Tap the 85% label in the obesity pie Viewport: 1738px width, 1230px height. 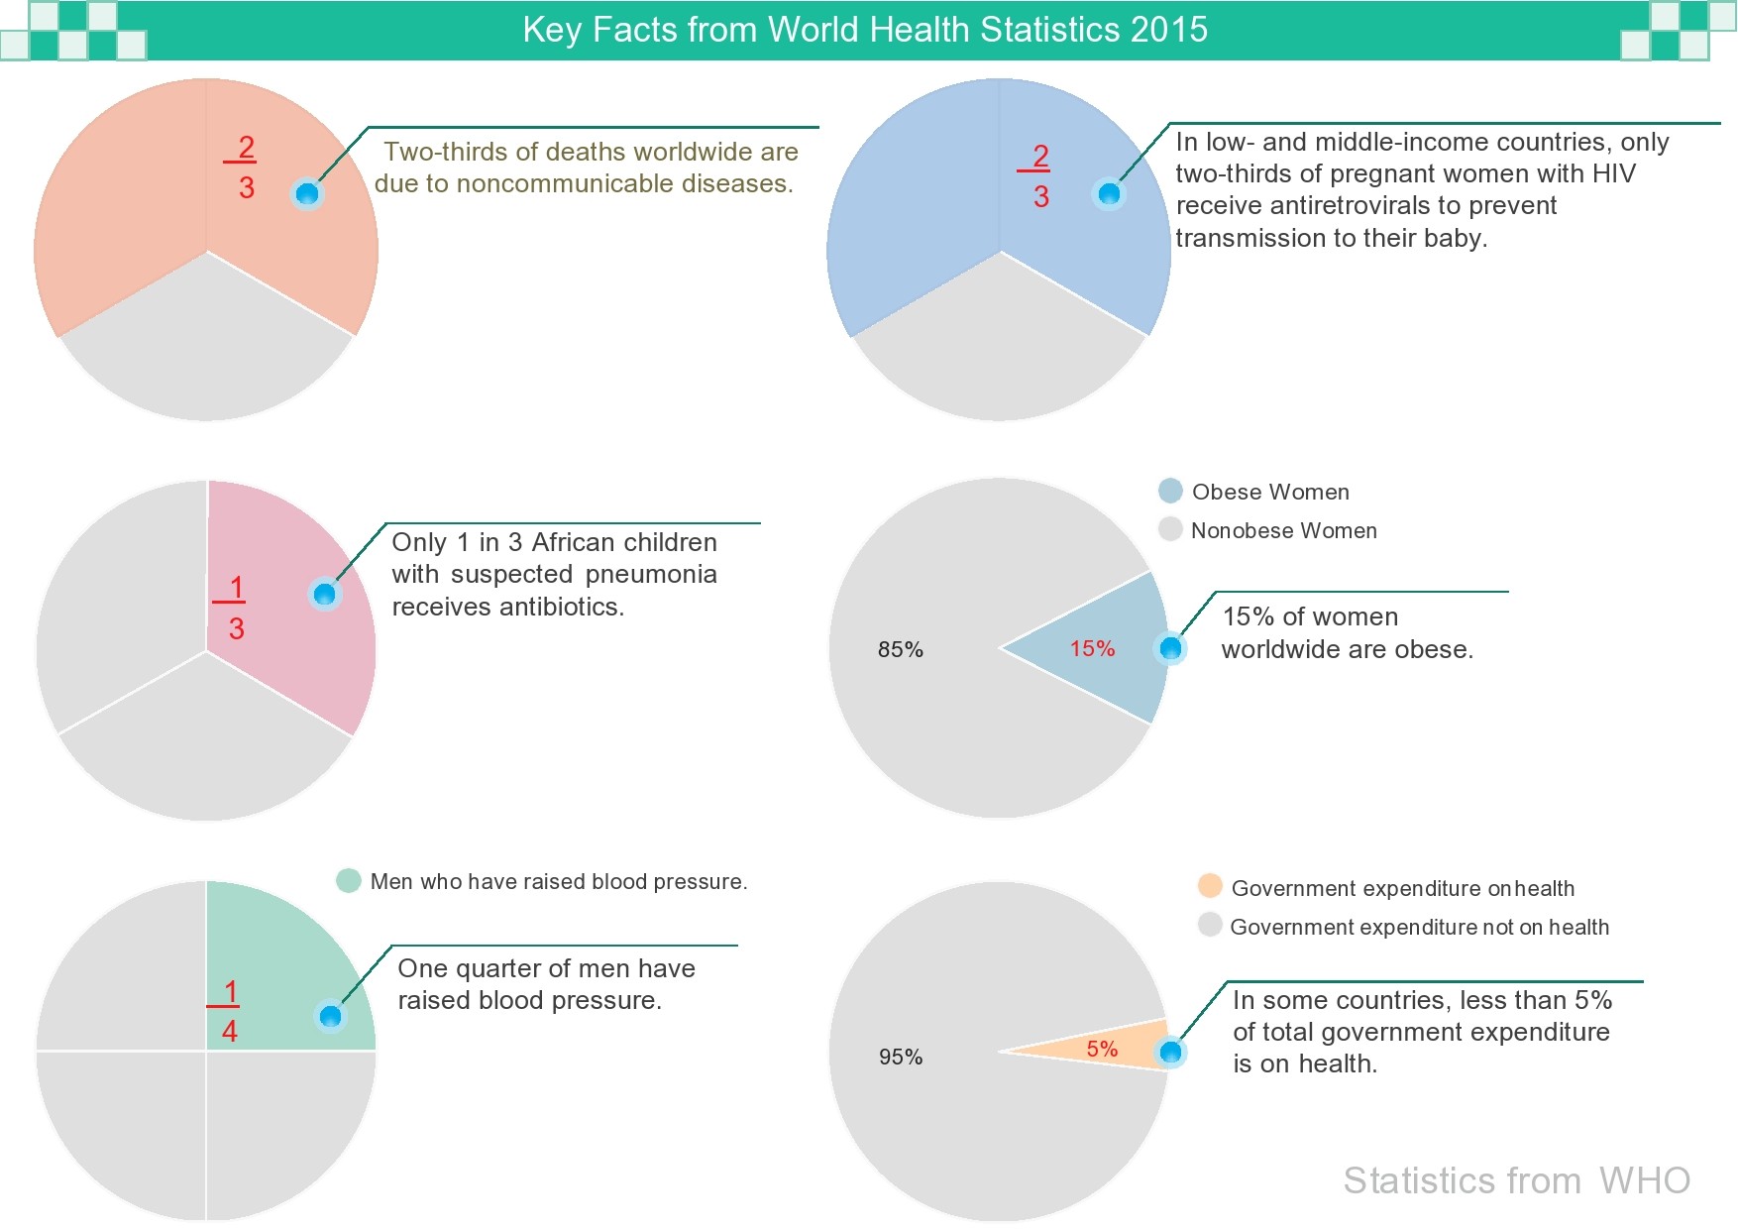click(900, 650)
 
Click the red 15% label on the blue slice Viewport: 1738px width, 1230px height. click(1092, 649)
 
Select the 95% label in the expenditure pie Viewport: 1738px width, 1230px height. click(900, 1058)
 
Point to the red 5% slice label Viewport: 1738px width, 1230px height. click(1102, 1050)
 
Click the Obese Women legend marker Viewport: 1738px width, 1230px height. click(1170, 491)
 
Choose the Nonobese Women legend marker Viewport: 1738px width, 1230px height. click(1170, 529)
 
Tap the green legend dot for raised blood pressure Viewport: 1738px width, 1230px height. click(348, 880)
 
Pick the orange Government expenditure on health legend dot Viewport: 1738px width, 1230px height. click(1210, 886)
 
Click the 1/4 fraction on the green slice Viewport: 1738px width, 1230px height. click(229, 1011)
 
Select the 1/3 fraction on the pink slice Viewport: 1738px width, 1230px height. click(235, 608)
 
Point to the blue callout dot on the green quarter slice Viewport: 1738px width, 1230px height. click(330, 1016)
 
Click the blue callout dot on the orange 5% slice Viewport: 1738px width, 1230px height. click(1170, 1052)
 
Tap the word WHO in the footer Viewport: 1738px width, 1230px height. click(1644, 1180)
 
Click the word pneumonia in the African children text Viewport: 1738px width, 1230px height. click(651, 575)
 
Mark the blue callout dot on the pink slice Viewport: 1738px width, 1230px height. click(325, 594)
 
